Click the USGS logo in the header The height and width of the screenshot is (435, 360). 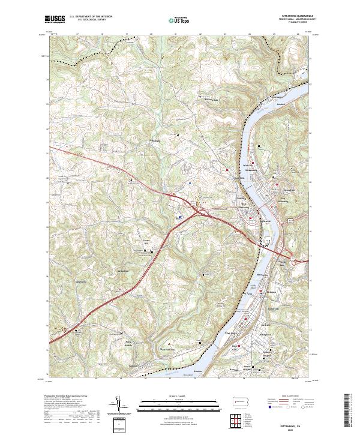tap(55, 19)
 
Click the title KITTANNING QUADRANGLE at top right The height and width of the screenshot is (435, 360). tap(296, 16)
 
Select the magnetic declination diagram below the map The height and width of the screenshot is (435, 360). tap(120, 407)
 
